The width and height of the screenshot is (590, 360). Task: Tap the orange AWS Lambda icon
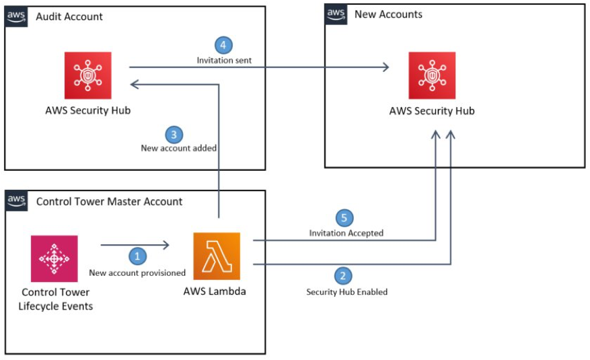tap(217, 256)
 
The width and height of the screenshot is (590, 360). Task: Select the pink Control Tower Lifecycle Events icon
tap(54, 258)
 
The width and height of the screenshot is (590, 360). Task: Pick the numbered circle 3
tap(174, 134)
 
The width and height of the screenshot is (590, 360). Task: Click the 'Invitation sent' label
tap(224, 61)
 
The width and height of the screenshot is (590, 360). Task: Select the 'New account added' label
tap(178, 148)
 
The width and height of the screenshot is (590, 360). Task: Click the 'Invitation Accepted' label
tap(346, 233)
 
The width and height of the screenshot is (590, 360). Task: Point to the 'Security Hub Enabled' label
tap(346, 291)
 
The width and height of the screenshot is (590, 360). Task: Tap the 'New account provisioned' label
tap(137, 273)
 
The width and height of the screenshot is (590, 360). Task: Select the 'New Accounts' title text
tap(388, 14)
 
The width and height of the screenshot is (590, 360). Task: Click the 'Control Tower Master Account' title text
tap(109, 201)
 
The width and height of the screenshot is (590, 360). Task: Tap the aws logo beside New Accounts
tap(336, 13)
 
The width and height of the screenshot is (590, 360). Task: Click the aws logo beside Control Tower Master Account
tap(16, 201)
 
